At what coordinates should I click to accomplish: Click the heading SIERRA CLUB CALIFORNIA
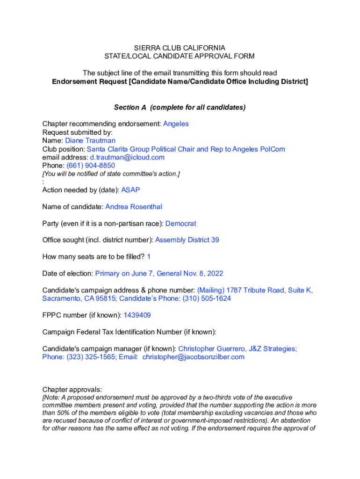[180, 48]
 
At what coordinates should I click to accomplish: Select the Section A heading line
[180, 107]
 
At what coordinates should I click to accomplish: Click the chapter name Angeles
[176, 123]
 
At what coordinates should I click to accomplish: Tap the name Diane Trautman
[90, 140]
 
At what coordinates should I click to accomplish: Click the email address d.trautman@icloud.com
[127, 157]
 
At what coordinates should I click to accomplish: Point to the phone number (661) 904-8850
[91, 166]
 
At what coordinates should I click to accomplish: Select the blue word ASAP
[130, 190]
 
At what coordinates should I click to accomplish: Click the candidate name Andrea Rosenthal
[134, 207]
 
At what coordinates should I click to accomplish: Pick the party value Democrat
[181, 224]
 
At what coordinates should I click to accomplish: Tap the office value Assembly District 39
[187, 240]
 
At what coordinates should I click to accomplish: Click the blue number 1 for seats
[149, 257]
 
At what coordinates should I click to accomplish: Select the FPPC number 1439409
[137, 315]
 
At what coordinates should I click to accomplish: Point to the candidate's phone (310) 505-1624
[207, 298]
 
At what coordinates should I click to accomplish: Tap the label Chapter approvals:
[72, 390]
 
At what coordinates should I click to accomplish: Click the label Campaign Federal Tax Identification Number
[128, 332]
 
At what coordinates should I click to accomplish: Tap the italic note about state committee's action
[111, 174]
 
